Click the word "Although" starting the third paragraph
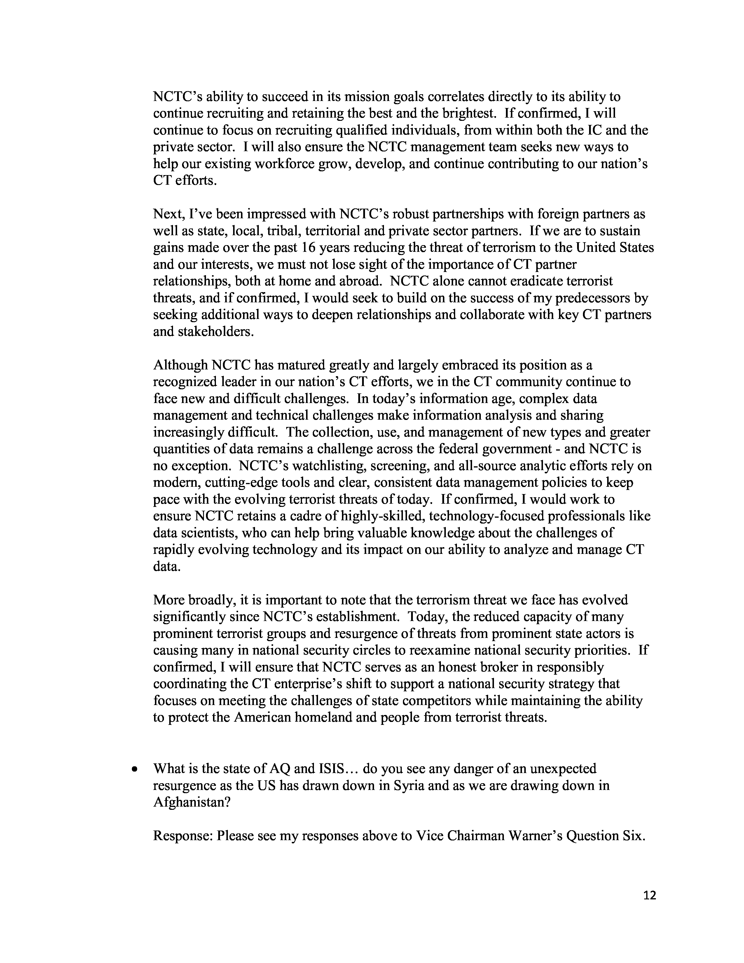180,365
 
